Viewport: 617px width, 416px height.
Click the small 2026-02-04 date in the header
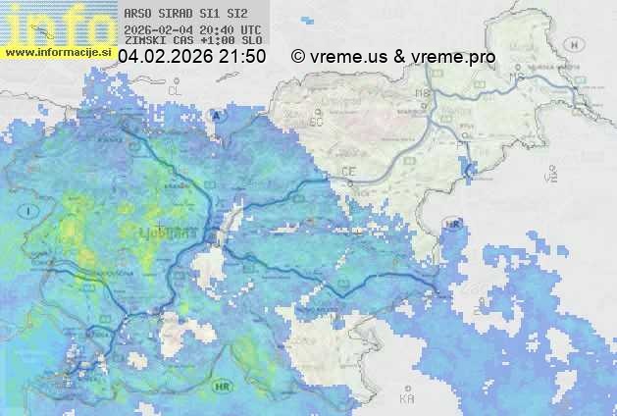click(158, 30)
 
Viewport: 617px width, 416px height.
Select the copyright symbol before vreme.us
click(298, 57)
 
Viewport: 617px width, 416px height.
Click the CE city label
click(348, 172)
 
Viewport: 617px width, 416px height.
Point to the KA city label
click(407, 398)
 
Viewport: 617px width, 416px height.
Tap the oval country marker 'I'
click(30, 211)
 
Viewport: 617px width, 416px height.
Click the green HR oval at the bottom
click(222, 387)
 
